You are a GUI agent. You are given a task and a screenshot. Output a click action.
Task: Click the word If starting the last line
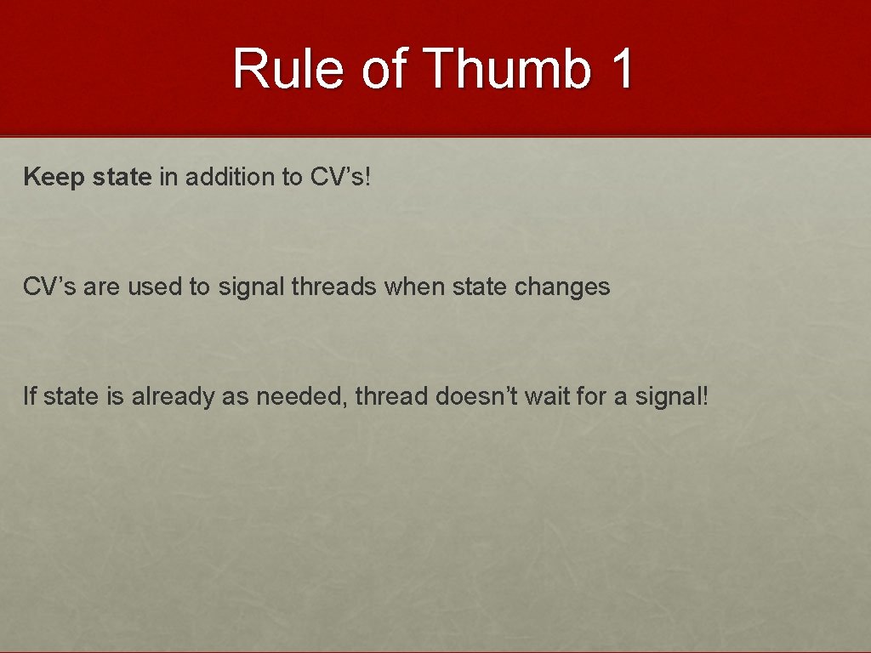(30, 395)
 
